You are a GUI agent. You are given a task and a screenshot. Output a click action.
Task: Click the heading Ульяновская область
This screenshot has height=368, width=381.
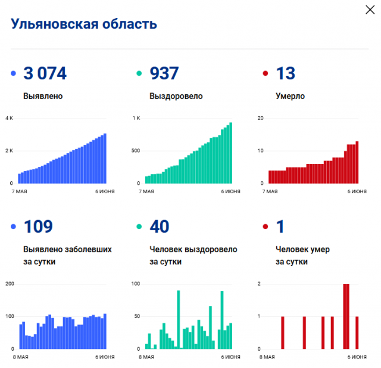pos(84,24)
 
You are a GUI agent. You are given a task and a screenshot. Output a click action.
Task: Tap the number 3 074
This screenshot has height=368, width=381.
pos(45,73)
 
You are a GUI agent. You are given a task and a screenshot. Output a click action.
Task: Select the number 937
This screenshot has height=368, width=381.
pos(164,73)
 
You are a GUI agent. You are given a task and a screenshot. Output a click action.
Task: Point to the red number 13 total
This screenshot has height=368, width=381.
pos(285,73)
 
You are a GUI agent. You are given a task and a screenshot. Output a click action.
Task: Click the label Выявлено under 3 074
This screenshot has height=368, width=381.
pos(43,96)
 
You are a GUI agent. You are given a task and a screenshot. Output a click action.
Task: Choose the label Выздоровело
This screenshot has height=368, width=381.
pos(176,96)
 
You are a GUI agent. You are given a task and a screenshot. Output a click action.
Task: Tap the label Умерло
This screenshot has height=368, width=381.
pos(291,96)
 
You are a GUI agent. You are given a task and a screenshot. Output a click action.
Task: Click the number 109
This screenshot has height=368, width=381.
pos(38,227)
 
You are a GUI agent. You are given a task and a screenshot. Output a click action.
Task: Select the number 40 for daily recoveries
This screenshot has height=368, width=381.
pos(159,227)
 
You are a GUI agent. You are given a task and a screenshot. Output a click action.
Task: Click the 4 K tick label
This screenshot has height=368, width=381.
pos(9,118)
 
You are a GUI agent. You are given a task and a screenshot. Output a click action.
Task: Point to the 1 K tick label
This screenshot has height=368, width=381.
pos(136,118)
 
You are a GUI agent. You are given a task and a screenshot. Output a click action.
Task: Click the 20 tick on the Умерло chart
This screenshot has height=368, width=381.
pos(260,118)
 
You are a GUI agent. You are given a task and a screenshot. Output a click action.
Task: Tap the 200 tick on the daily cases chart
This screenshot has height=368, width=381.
pos(9,283)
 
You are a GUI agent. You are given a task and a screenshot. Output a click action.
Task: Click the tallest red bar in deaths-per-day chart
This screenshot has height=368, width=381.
pos(346,316)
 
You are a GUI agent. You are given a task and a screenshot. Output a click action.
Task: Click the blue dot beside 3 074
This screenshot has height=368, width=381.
pos(14,74)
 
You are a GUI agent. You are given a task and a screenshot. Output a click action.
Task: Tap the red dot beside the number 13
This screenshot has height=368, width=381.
pos(266,74)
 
